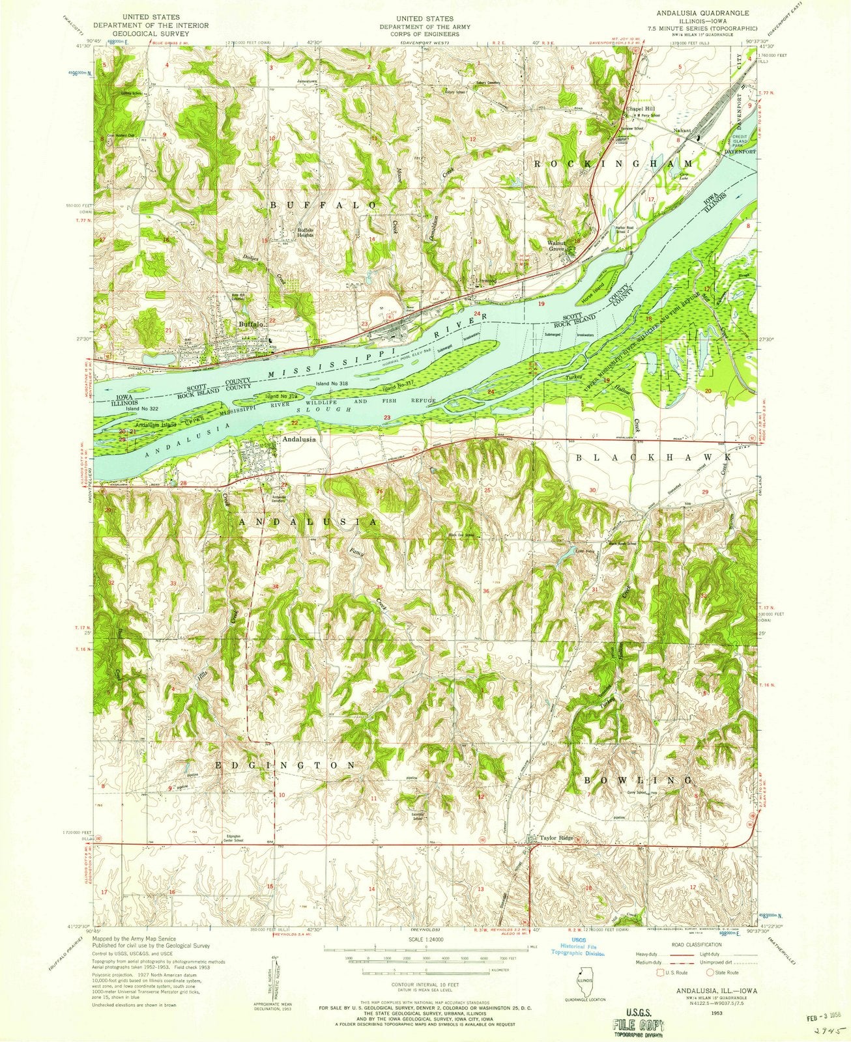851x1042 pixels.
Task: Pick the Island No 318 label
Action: click(330, 385)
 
